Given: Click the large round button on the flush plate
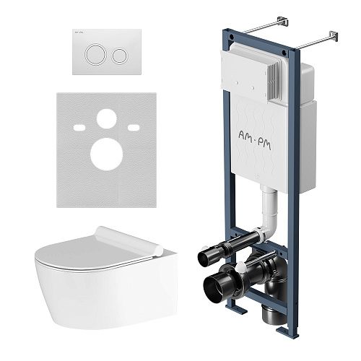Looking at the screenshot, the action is (x=95, y=54).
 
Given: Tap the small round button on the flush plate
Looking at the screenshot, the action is (x=119, y=56).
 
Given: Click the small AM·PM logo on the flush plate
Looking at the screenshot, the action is (x=78, y=32).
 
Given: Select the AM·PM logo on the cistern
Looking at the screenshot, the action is (x=255, y=140).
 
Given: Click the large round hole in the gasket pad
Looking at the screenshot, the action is (x=107, y=155).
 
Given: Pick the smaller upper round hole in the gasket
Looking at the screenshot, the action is (x=107, y=118).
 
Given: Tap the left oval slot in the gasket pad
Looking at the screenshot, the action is (x=79, y=128).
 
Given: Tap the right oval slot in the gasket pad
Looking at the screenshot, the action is (x=134, y=128).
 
